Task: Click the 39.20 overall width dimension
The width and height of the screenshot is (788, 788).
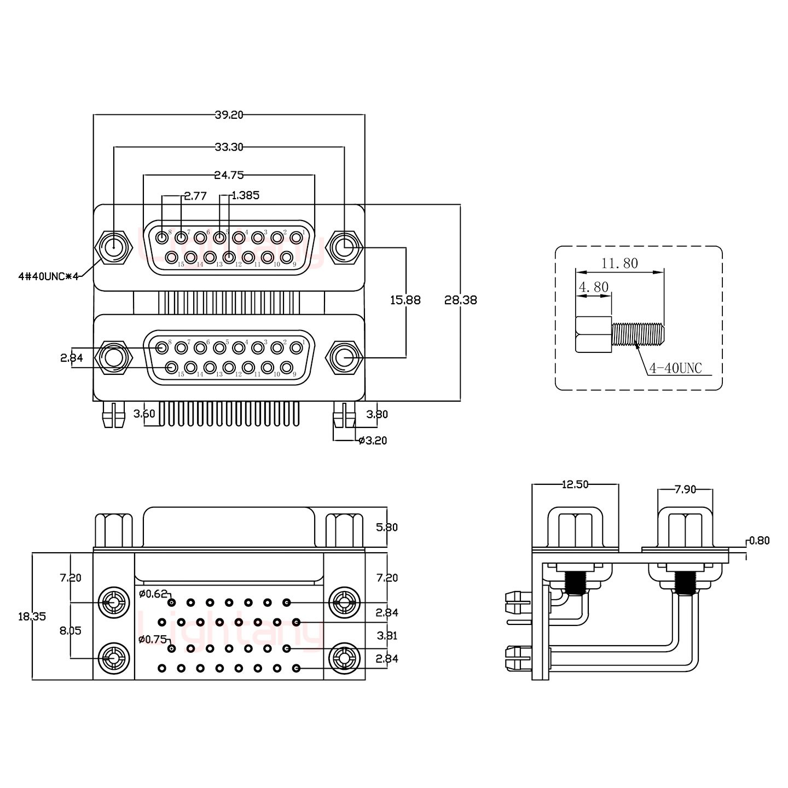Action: pyautogui.click(x=229, y=115)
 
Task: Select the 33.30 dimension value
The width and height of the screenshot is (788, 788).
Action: pyautogui.click(x=229, y=147)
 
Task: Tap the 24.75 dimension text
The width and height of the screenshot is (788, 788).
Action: pyautogui.click(x=229, y=176)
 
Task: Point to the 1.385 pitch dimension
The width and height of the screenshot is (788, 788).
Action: pyautogui.click(x=245, y=195)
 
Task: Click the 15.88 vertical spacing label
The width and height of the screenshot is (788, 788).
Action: pyautogui.click(x=405, y=300)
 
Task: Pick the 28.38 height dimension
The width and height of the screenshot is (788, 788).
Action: pyautogui.click(x=461, y=300)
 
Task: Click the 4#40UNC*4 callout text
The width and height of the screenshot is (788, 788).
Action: pyautogui.click(x=48, y=277)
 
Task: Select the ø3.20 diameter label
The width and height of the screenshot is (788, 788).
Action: pyautogui.click(x=373, y=441)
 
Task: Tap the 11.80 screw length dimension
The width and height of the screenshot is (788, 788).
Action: pyautogui.click(x=619, y=263)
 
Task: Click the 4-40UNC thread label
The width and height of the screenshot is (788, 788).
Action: pyautogui.click(x=675, y=368)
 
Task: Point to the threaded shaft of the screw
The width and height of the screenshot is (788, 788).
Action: pyautogui.click(x=638, y=334)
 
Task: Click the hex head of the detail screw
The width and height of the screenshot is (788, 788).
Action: pyautogui.click(x=593, y=334)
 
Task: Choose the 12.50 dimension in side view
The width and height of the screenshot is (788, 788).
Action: pyautogui.click(x=575, y=484)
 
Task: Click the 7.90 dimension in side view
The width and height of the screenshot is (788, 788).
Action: pyautogui.click(x=685, y=490)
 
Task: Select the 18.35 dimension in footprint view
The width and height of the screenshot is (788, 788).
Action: pyautogui.click(x=32, y=616)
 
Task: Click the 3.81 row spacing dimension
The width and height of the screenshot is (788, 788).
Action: pyautogui.click(x=387, y=636)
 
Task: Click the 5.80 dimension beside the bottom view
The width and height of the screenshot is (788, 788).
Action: pyautogui.click(x=387, y=528)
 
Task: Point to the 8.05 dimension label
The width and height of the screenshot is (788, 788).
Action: pyautogui.click(x=70, y=630)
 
